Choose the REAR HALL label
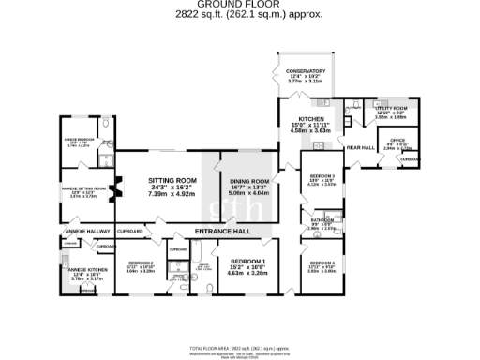pyautogui.click(x=360, y=148)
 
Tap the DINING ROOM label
pyautogui.click(x=248, y=181)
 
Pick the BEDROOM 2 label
pyautogui.click(x=140, y=262)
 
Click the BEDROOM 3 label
pyautogui.click(x=322, y=175)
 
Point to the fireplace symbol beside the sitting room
pyautogui.click(x=116, y=190)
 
